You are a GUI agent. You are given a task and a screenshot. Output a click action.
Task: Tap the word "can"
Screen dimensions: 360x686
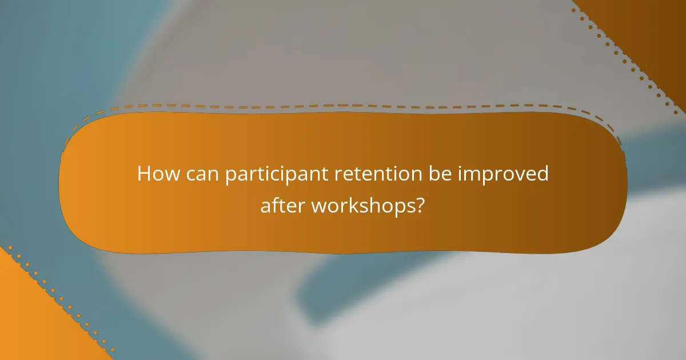pos(202,174)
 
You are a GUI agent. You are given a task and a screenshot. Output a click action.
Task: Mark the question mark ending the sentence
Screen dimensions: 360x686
pos(420,205)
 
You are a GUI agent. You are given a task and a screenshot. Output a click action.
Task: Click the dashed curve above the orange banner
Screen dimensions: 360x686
pos(343,105)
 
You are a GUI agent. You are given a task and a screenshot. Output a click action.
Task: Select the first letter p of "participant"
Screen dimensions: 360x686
pos(230,176)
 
